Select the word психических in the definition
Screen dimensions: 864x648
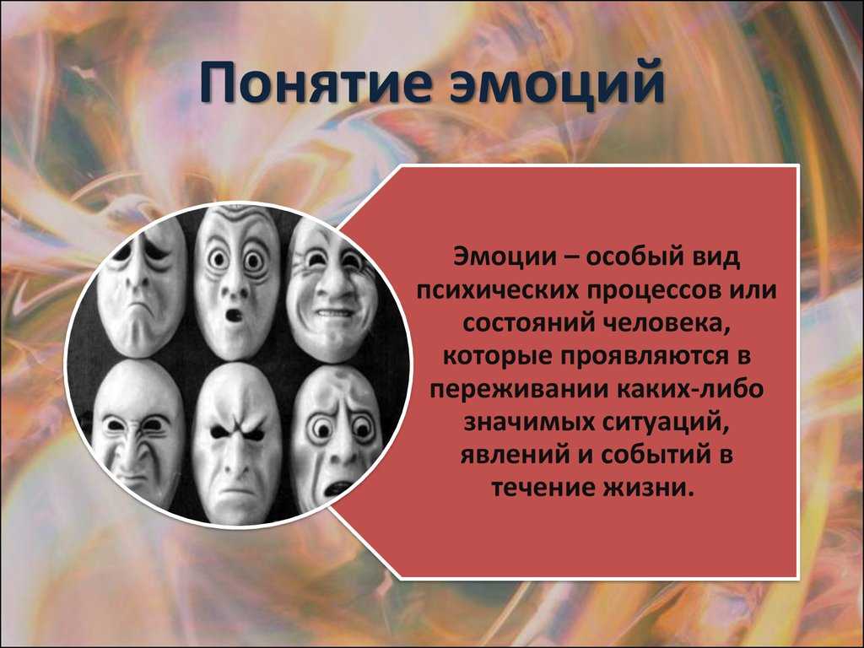tap(498, 290)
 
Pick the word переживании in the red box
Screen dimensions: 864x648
tap(516, 389)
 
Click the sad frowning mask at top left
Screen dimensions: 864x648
tap(142, 287)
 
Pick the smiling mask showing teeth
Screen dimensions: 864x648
tap(332, 292)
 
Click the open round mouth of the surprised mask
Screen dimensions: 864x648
tap(235, 316)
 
